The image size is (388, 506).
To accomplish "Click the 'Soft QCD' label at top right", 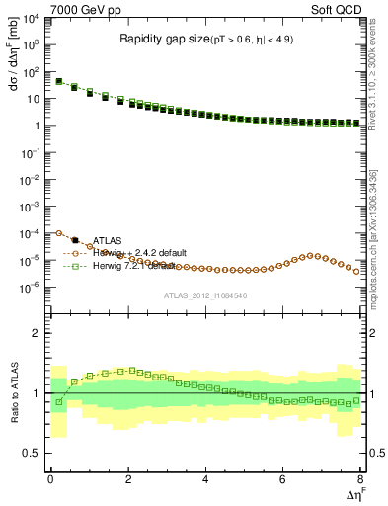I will pos(338,9).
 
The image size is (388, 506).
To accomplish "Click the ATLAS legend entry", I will pos(107,240).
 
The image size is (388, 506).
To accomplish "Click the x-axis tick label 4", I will pos(205,480).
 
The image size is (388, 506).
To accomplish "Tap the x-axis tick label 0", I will pos(50,480).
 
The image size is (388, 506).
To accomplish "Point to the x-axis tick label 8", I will pos(360,480).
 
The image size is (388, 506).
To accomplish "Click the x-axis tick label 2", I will pos(128,480).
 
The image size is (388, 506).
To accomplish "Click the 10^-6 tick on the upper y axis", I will pos(32,288).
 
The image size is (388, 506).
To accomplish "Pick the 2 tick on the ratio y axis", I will pos(39,333).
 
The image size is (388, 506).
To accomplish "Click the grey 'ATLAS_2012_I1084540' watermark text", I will pos(205,295).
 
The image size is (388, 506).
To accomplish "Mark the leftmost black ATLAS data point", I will pos(58,81).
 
